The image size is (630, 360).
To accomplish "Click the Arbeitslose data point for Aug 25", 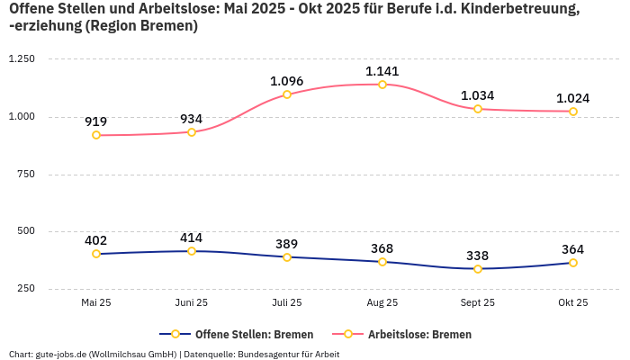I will [382, 85].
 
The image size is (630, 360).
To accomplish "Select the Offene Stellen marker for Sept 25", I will [478, 268].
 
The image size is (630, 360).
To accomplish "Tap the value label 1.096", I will [287, 82].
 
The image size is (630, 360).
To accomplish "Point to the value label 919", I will [96, 121].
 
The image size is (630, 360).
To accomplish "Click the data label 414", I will [192, 238].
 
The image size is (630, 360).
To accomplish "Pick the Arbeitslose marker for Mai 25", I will [96, 135].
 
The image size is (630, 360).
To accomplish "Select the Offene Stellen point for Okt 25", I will [573, 263].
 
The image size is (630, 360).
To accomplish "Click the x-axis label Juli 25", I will [287, 303].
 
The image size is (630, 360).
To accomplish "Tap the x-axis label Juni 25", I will [192, 303].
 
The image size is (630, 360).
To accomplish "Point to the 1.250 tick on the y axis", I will [21, 58].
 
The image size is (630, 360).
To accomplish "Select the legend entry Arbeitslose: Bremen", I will [419, 334].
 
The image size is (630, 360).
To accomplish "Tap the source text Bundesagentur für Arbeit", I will [288, 354].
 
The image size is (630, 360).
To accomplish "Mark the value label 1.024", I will [573, 98].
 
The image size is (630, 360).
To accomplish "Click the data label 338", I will [478, 255].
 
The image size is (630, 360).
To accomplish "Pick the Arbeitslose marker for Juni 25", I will [192, 131].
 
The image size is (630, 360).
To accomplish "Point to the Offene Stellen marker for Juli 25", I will [287, 257].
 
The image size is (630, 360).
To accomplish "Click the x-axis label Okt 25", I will [573, 303].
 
